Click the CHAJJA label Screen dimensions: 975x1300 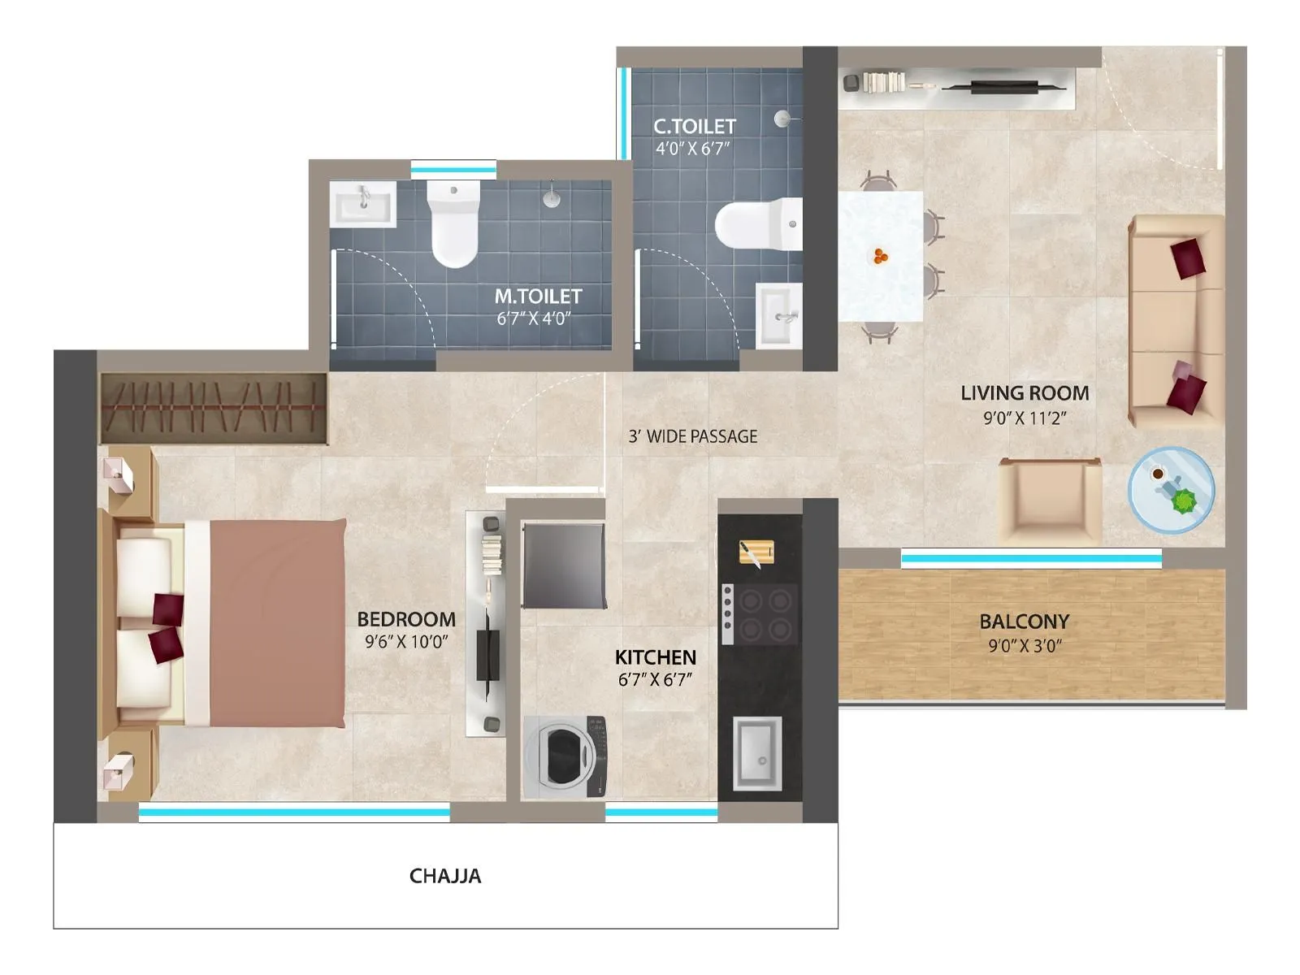click(444, 876)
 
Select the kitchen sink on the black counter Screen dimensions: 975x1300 click(757, 753)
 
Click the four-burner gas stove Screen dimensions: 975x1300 click(760, 613)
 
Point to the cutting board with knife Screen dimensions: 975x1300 click(756, 553)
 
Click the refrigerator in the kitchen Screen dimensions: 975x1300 click(564, 565)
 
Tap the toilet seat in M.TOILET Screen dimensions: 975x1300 click(454, 223)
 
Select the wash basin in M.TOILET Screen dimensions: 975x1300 click(362, 203)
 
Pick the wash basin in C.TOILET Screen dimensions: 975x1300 click(779, 314)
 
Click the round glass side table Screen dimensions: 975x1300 click(1171, 490)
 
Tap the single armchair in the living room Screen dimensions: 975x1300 click(1049, 501)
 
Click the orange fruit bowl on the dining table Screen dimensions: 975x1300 click(881, 257)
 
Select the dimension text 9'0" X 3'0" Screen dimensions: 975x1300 click(1025, 647)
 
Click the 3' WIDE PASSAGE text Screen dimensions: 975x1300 click(692, 436)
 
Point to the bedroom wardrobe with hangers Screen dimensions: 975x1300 click(214, 408)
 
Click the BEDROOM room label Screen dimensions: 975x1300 click(406, 619)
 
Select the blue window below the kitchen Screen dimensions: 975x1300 click(661, 812)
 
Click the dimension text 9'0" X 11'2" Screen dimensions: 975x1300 click(1025, 418)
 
